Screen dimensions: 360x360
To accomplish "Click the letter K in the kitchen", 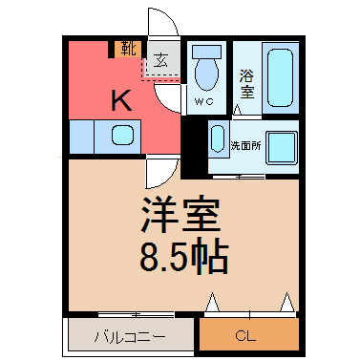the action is [x=121, y=100].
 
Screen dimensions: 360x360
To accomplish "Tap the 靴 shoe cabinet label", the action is [x=129, y=49].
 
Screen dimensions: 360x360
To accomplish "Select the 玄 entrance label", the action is [x=160, y=59].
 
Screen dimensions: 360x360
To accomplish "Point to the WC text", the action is [x=203, y=101].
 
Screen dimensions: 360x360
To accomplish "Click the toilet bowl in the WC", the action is [x=206, y=74].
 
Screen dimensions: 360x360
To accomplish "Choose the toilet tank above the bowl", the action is [x=206, y=52].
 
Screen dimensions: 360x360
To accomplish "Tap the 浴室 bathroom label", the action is [x=247, y=84].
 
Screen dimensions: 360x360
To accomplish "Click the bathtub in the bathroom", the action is [x=280, y=77].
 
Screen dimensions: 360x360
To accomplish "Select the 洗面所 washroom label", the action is [x=245, y=146].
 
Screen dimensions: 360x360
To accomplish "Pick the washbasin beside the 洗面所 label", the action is [x=219, y=138].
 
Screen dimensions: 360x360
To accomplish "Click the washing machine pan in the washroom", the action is [x=282, y=148].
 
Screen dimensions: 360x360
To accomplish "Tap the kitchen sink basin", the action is [x=122, y=135].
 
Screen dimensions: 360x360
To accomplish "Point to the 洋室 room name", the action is [x=180, y=215].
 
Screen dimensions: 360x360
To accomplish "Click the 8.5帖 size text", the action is [x=184, y=259].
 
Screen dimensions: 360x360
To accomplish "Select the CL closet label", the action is [x=245, y=336].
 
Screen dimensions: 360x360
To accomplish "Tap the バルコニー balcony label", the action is [x=130, y=337].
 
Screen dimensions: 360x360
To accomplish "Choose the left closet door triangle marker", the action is [x=212, y=302].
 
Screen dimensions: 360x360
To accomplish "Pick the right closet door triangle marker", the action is [x=287, y=302].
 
